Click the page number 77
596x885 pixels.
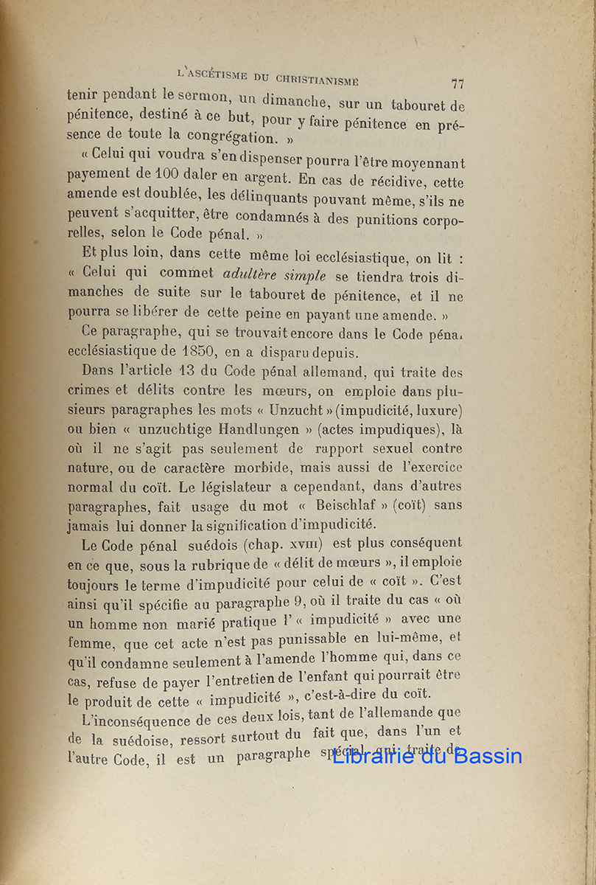pyautogui.click(x=457, y=84)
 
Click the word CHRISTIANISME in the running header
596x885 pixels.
pyautogui.click(x=318, y=78)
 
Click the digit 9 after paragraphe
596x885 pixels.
pyautogui.click(x=287, y=601)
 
